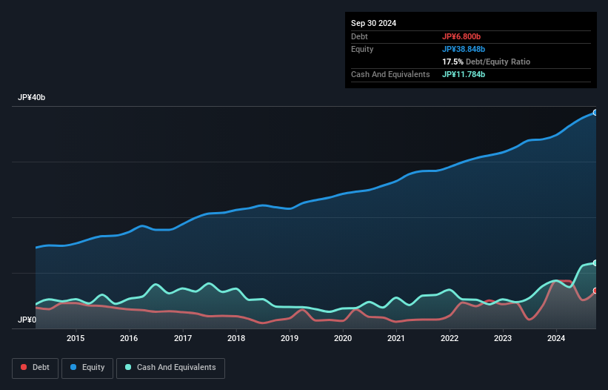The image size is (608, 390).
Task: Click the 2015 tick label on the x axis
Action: click(76, 339)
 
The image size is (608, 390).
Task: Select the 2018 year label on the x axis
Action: click(236, 339)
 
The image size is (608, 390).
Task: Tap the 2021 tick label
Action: click(396, 339)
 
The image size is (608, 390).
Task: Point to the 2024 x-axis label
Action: click(557, 339)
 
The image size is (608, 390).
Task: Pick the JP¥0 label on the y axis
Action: click(27, 320)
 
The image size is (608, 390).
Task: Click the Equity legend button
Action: click(87, 367)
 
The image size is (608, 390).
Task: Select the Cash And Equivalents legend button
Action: click(170, 367)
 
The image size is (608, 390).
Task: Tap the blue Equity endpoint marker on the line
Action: click(595, 113)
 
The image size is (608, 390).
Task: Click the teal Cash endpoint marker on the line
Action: click(595, 263)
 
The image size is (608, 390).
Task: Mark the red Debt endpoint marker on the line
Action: click(595, 291)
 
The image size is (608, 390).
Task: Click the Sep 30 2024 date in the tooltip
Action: click(373, 23)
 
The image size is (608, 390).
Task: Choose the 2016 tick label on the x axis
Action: click(129, 339)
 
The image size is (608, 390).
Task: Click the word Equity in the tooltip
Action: click(362, 49)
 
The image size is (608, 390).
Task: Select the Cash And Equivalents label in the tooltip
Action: click(390, 74)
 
